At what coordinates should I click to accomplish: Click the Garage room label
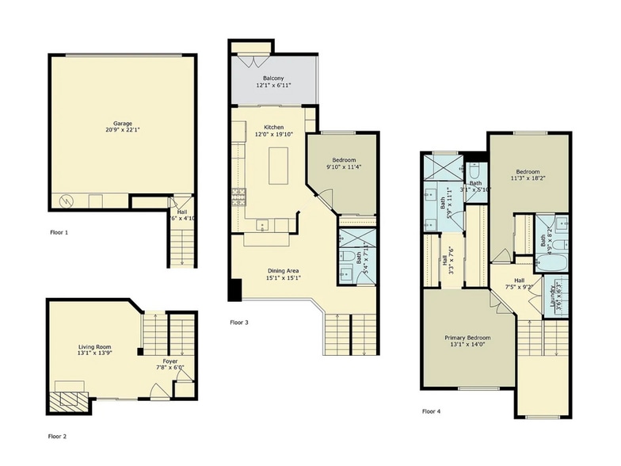click(x=122, y=124)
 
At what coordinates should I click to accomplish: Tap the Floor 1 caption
click(x=59, y=233)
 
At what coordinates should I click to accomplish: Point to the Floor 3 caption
click(x=239, y=323)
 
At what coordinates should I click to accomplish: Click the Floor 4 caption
click(x=432, y=411)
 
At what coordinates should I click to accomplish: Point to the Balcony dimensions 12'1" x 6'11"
click(x=273, y=84)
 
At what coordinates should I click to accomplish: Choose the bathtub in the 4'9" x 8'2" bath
click(x=551, y=261)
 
